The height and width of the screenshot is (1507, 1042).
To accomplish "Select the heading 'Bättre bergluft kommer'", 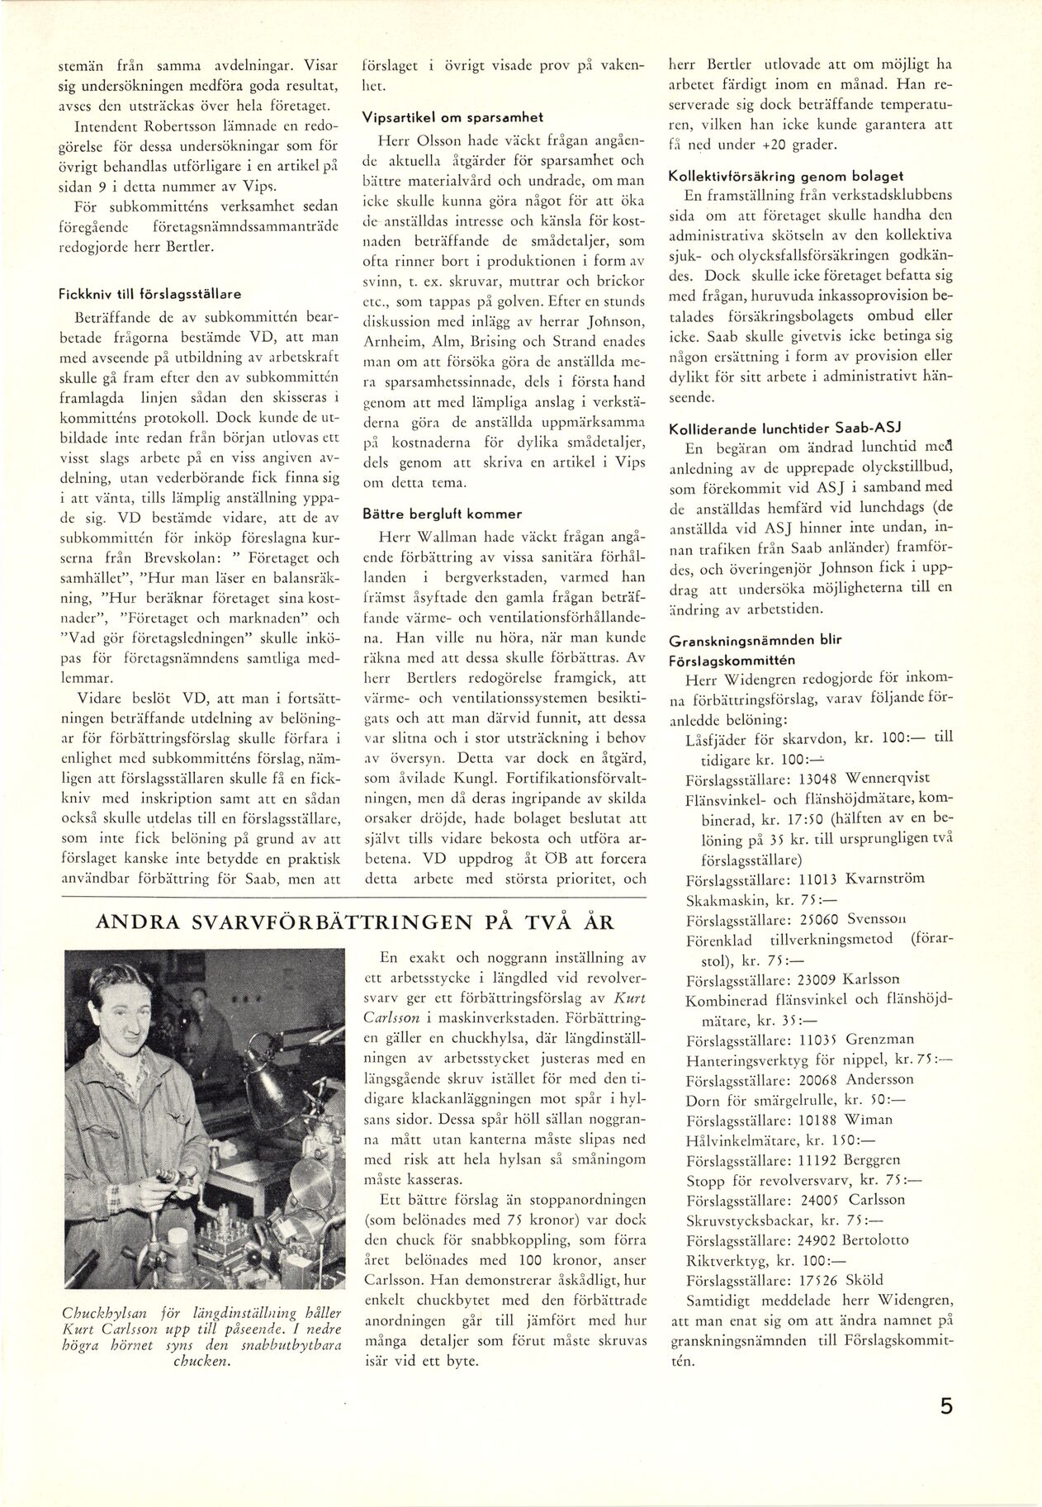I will coord(431,514).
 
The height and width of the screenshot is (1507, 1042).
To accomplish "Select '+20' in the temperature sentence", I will coord(759,145).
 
